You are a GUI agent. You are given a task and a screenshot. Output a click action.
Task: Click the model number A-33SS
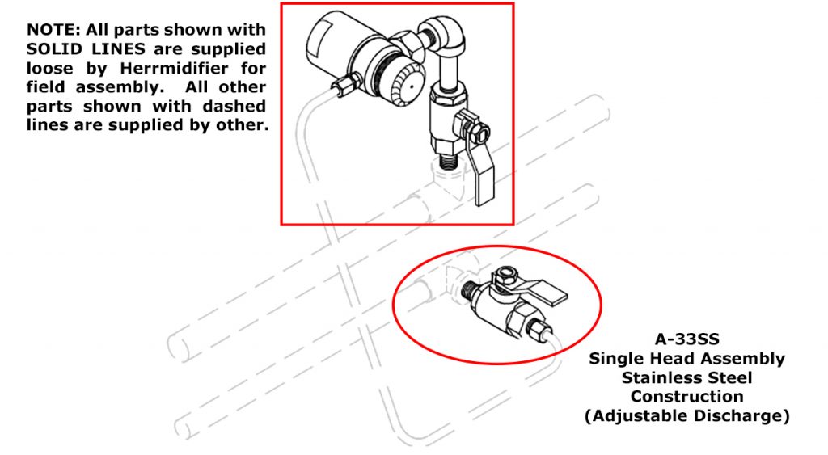point(686,340)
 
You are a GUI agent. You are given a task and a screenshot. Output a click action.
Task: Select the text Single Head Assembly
point(686,359)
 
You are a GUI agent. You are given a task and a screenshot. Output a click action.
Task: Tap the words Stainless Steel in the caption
point(686,377)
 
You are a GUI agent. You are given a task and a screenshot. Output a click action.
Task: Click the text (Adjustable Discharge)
point(686,416)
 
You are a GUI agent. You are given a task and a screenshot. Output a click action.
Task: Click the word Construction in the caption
point(686,397)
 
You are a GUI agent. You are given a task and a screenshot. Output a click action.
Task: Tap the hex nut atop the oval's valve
point(506,276)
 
